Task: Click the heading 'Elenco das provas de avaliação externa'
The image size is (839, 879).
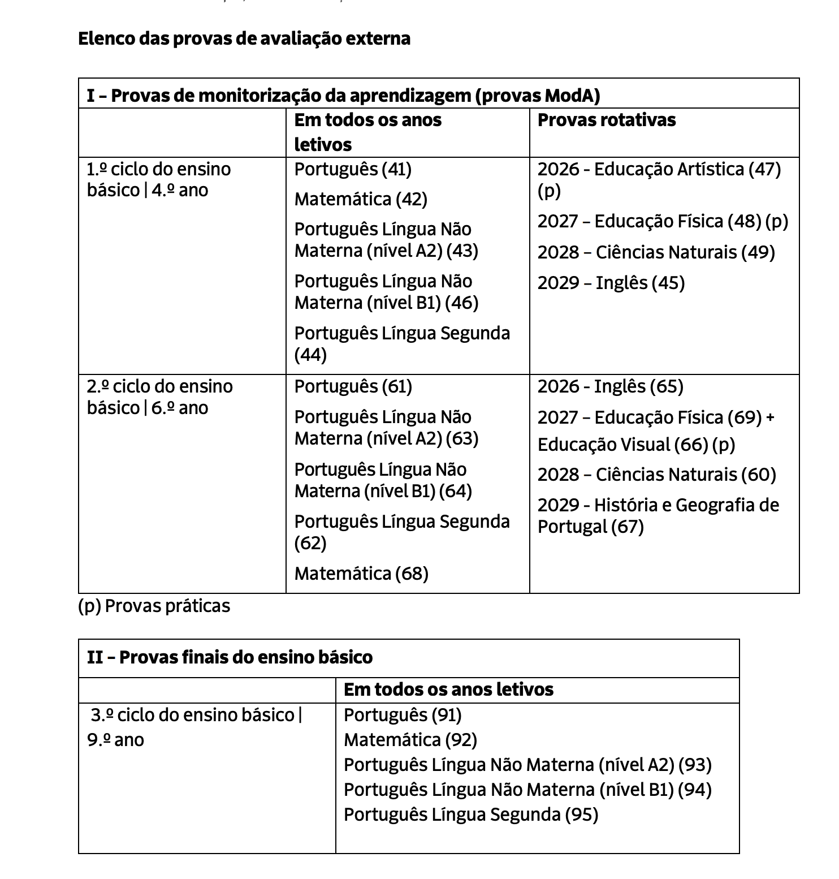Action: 244,38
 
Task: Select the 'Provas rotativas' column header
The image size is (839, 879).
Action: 606,120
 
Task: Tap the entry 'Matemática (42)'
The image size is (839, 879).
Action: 361,199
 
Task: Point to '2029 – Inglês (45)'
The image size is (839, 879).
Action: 611,283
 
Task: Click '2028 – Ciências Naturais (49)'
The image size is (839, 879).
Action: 656,252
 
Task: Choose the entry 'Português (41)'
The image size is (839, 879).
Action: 353,169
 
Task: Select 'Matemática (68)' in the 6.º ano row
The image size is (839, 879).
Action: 361,574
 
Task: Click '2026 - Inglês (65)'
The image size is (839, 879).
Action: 610,386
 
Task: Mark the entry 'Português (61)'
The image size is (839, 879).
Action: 353,386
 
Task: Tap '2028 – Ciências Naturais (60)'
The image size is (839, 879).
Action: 656,475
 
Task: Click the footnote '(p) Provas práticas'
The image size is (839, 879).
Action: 154,606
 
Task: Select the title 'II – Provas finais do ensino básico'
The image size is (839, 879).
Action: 230,657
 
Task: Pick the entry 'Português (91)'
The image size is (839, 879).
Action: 403,715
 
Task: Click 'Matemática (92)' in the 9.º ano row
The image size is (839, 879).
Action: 410,740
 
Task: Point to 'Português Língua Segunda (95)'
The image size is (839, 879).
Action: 470,815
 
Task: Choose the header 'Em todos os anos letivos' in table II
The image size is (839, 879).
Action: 448,690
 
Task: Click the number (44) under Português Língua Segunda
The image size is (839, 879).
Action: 310,355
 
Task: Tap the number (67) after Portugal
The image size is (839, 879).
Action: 627,527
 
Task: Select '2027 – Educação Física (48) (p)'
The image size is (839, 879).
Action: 663,221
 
